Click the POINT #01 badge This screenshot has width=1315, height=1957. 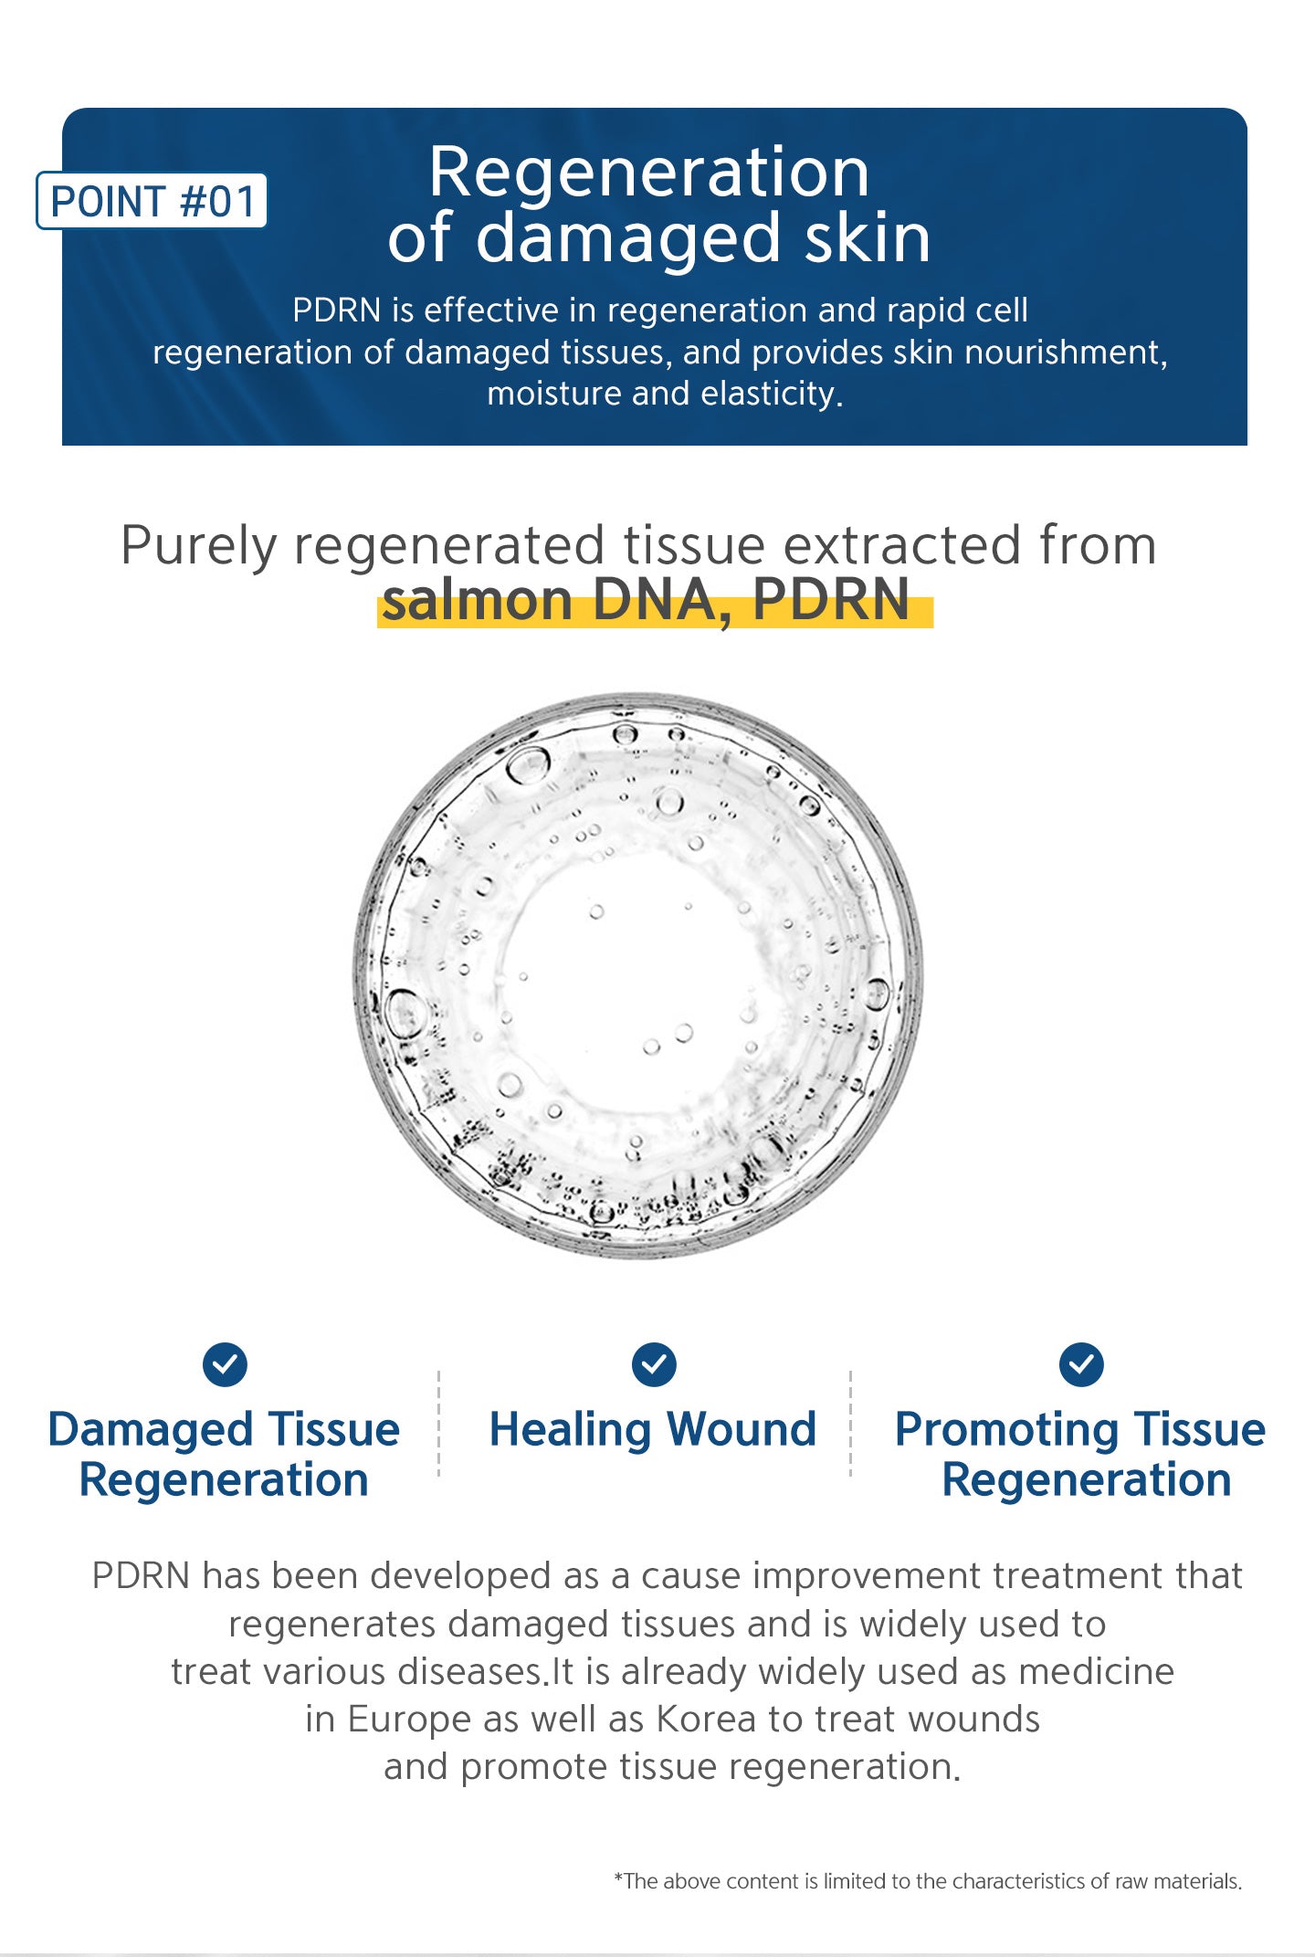(x=152, y=201)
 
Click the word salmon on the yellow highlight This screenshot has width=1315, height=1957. (x=478, y=601)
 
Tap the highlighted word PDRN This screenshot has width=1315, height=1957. (x=831, y=600)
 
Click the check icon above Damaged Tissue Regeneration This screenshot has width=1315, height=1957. (x=225, y=1365)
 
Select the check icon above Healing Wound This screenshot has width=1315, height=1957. (x=654, y=1365)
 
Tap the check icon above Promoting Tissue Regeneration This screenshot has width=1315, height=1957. (x=1081, y=1365)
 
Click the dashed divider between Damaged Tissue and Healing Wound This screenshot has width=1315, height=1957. (x=439, y=1423)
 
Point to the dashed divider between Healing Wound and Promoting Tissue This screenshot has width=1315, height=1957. (x=851, y=1423)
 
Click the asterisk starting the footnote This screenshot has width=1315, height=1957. (x=618, y=1878)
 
